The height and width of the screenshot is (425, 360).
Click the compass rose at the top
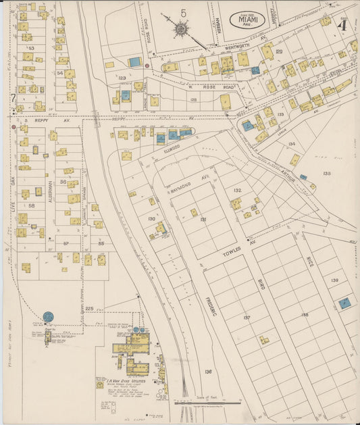click(181, 29)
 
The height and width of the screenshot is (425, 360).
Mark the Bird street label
click(261, 284)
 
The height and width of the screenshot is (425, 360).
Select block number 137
click(247, 318)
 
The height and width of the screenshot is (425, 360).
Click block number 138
click(304, 315)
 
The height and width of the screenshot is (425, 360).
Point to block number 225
click(88, 308)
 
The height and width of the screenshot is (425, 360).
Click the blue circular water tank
click(49, 316)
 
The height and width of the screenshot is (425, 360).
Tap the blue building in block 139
click(344, 303)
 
